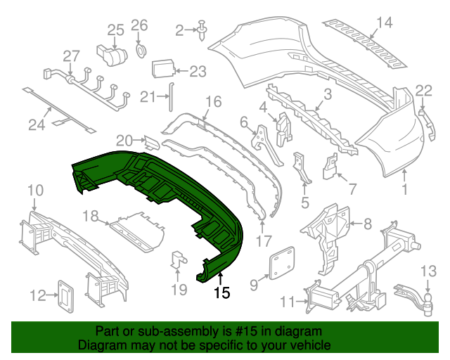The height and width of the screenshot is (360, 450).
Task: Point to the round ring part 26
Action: (x=140, y=50)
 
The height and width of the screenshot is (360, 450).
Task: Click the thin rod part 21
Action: (x=169, y=98)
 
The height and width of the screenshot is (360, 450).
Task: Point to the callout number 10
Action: (x=35, y=189)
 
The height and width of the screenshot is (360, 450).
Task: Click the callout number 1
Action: (x=404, y=189)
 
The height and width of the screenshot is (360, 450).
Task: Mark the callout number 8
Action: (x=367, y=224)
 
